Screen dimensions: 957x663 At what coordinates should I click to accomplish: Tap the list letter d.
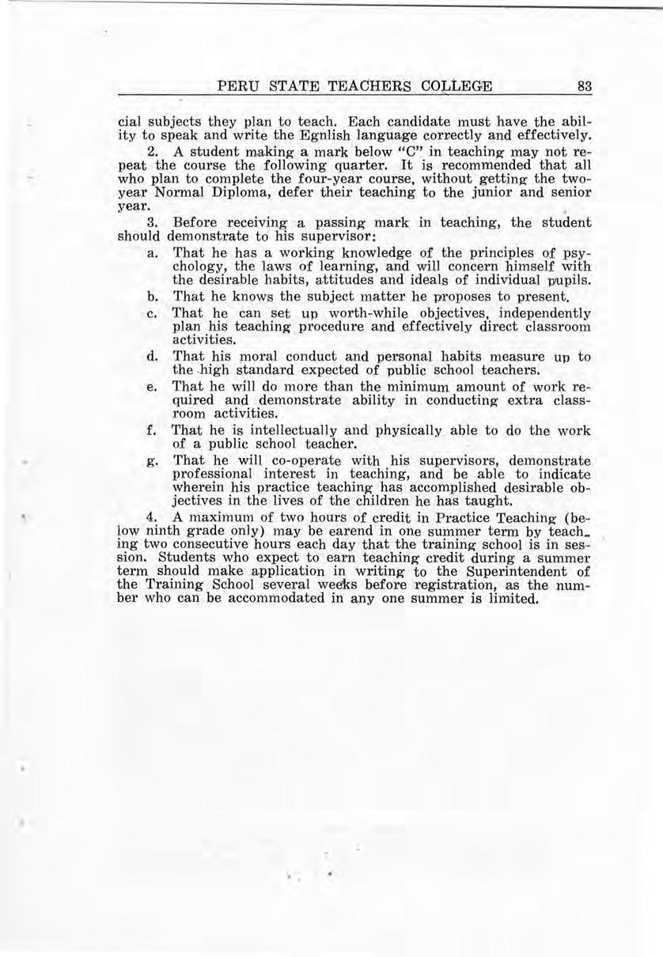point(152,357)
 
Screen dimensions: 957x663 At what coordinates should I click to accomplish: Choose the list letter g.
point(152,460)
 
